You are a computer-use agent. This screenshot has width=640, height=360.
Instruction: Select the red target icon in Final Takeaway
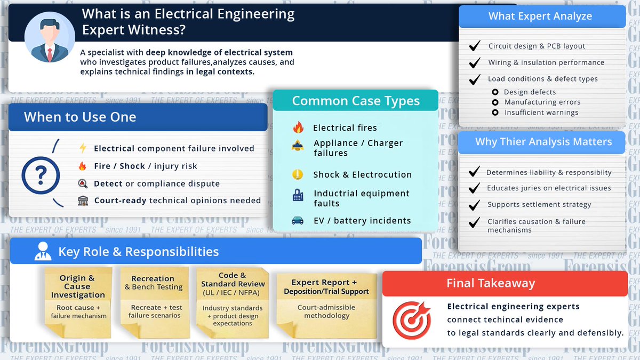tap(412, 319)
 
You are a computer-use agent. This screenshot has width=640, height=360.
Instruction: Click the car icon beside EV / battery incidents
tap(298, 220)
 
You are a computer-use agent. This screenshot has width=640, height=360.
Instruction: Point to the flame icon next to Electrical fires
tap(298, 127)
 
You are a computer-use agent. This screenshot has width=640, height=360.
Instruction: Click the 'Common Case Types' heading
tap(356, 101)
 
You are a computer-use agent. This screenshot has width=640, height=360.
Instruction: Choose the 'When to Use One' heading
tap(80, 117)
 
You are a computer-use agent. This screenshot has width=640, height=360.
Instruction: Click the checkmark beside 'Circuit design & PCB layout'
tap(474, 46)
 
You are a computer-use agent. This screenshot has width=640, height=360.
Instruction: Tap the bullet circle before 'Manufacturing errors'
tap(495, 102)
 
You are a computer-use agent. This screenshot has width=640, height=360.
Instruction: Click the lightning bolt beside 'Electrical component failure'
tap(83, 148)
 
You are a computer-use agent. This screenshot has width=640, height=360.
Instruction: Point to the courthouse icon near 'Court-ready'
tap(83, 201)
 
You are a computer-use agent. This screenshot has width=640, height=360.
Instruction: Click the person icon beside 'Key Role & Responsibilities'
tap(43, 251)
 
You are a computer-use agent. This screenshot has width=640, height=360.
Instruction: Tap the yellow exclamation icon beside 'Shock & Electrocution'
tap(298, 174)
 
